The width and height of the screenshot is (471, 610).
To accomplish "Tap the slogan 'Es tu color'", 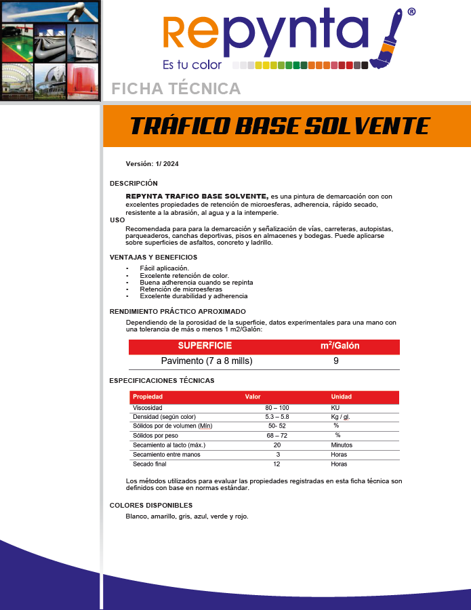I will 192,65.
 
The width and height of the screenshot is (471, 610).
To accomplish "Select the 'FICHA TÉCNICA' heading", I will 176,89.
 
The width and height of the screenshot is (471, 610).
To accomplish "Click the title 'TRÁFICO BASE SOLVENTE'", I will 279,126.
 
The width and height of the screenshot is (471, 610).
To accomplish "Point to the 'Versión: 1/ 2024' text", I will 152,164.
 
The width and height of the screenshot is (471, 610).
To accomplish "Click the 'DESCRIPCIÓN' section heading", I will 134,183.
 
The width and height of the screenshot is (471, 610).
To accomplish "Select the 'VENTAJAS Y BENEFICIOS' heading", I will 153,257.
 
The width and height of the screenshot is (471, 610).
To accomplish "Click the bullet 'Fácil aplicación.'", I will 164,268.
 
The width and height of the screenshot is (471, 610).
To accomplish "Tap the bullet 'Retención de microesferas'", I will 181,289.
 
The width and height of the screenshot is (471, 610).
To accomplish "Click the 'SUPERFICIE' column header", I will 205,346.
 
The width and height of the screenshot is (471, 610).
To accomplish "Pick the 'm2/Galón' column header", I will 340,346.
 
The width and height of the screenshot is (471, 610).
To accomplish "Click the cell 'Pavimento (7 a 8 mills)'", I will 206,361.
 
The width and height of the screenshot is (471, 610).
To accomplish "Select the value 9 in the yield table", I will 336,361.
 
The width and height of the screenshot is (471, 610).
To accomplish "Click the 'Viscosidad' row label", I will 147,408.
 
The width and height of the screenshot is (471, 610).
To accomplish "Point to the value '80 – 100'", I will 277,408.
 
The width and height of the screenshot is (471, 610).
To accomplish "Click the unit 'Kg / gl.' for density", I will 340,417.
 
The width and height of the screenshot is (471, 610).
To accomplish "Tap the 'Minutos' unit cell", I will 342,445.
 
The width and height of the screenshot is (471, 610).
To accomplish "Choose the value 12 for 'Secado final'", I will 277,464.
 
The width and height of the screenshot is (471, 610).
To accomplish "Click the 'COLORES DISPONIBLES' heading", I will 151,505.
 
